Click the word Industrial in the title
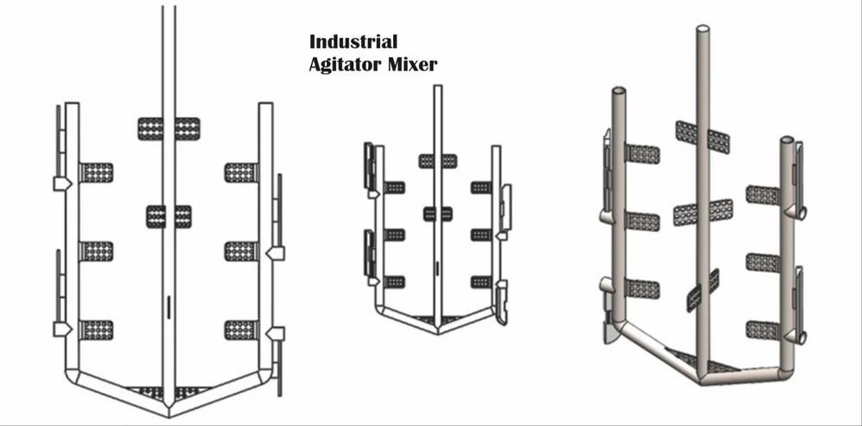click(x=353, y=41)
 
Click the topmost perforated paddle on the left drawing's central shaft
click(x=169, y=128)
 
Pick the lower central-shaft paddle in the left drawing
click(x=169, y=216)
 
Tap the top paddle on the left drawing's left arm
click(x=97, y=172)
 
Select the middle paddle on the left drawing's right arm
click(x=240, y=251)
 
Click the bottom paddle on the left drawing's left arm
click(x=97, y=330)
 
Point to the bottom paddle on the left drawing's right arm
click(x=240, y=330)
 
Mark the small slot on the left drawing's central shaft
click(x=169, y=305)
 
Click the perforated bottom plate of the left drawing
click(x=169, y=392)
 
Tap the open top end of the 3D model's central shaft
click(x=703, y=29)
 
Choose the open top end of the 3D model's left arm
click(x=618, y=90)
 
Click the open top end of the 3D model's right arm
click(x=786, y=139)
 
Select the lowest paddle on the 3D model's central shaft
click(x=703, y=291)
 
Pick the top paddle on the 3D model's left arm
click(x=643, y=154)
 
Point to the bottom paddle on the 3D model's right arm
click(x=762, y=330)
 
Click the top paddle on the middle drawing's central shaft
click(x=437, y=161)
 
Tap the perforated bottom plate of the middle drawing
click(x=437, y=320)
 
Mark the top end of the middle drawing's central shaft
click(x=437, y=87)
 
